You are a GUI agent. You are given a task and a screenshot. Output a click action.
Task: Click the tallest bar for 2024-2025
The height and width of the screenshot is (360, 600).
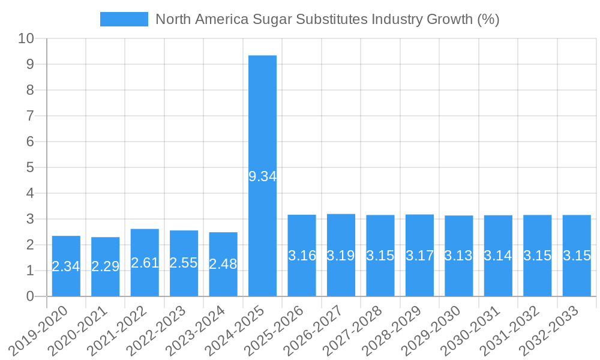click(262, 120)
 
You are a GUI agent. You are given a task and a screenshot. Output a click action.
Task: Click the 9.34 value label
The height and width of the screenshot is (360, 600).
click(262, 176)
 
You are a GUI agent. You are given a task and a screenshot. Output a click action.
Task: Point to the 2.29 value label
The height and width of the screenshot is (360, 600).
click(106, 266)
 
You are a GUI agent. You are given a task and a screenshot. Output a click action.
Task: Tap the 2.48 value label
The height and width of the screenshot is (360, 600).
click(223, 263)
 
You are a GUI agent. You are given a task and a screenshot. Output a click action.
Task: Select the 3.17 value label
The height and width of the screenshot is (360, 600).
click(419, 256)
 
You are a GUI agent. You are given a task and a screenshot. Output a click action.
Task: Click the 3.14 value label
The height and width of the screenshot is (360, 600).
click(498, 256)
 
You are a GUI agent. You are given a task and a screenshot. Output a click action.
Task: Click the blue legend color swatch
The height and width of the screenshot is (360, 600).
click(124, 19)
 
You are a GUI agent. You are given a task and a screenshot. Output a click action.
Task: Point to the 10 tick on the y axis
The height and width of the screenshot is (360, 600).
click(26, 39)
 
